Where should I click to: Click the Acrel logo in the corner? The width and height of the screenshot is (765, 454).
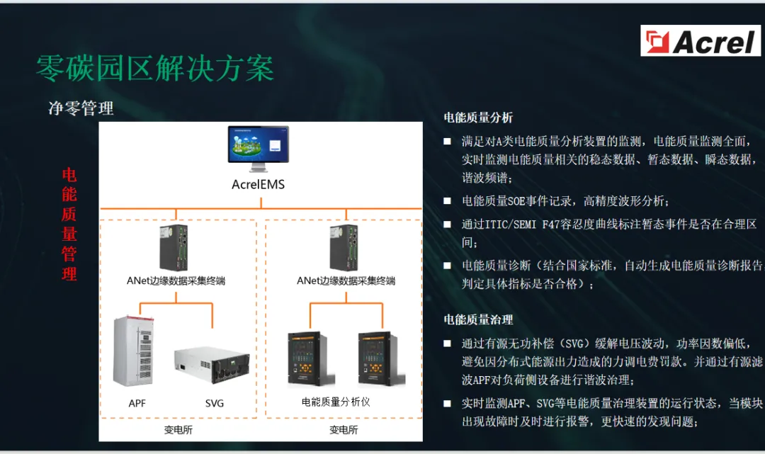click(700, 41)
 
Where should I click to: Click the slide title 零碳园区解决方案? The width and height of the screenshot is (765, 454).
click(155, 69)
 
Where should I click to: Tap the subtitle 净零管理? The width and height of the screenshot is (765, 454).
click(81, 108)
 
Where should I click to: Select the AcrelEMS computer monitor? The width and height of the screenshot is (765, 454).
click(259, 149)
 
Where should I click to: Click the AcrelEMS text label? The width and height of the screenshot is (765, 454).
click(258, 186)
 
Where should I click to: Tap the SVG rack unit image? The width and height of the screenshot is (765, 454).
click(213, 365)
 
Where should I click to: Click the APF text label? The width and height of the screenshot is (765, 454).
click(137, 403)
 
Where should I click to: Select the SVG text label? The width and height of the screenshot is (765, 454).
click(214, 403)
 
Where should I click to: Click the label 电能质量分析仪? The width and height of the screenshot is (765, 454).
click(336, 402)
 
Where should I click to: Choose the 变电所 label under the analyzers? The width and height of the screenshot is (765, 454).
click(344, 430)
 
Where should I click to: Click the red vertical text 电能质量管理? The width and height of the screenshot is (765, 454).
click(69, 225)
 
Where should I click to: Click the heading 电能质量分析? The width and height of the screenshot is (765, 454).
click(478, 118)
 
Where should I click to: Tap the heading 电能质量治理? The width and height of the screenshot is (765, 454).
click(478, 320)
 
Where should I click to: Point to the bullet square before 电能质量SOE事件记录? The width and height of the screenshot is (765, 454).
click(447, 200)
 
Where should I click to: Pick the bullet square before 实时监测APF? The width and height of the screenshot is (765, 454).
click(447, 403)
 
